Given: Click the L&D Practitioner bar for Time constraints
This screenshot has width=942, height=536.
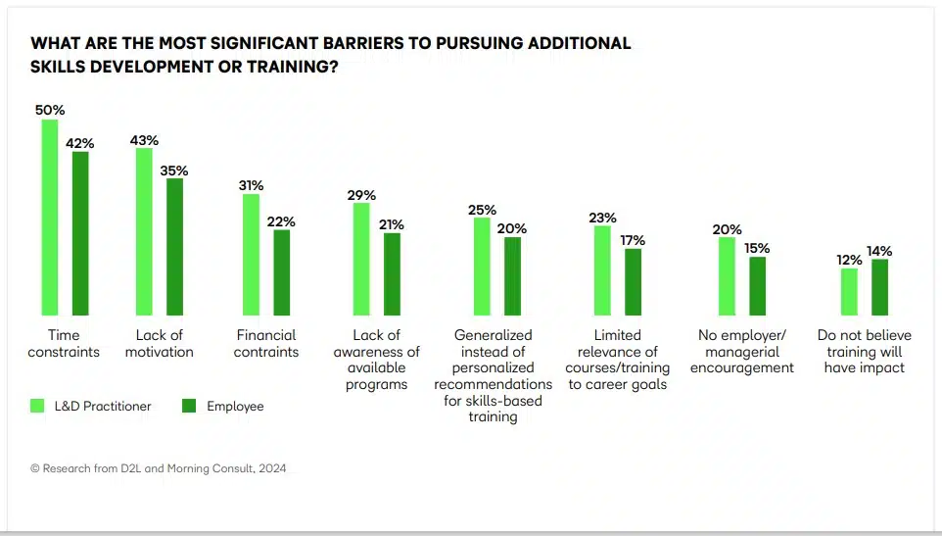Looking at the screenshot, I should coord(49,216).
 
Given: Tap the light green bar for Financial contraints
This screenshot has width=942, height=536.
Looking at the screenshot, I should coord(251,253).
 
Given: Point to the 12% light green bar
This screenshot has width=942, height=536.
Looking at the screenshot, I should coord(849,290).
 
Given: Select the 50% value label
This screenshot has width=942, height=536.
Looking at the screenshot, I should coord(49,110).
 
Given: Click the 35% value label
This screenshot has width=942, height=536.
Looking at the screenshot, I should coord(174,171).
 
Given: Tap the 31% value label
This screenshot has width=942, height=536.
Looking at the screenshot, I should coord(251,185).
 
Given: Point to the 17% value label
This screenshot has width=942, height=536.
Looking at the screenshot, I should coord(633,240).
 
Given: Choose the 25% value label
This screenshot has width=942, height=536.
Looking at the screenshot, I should coord(482,210).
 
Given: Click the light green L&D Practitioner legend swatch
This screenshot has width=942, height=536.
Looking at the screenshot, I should coord(38,406).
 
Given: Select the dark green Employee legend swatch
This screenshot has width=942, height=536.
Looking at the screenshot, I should coord(190,406).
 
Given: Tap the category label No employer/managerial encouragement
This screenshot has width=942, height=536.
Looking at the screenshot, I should coord(741,351).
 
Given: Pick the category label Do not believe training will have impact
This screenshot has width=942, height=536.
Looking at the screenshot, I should coord(864,351).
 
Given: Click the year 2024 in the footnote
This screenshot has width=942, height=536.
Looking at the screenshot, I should coord(272,468).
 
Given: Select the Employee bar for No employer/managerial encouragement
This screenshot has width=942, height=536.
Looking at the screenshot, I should coord(758,285).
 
